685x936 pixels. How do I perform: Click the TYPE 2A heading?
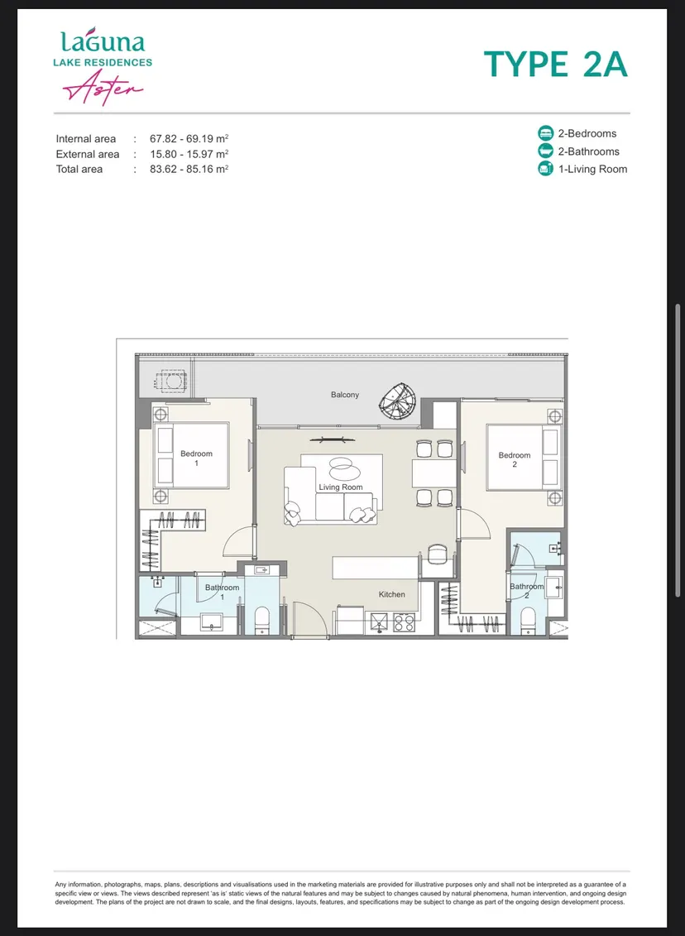click(555, 65)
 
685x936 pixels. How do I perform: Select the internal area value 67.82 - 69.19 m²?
click(189, 138)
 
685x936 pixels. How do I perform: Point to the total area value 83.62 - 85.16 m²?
click(189, 169)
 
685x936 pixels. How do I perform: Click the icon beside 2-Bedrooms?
click(545, 133)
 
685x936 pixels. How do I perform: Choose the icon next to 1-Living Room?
click(545, 169)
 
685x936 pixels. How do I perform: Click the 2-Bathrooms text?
click(588, 151)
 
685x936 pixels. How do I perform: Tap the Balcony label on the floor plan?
click(345, 395)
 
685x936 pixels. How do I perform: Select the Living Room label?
click(341, 487)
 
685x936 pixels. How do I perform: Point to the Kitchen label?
click(391, 594)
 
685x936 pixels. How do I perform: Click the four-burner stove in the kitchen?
click(404, 622)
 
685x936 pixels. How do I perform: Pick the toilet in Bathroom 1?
click(262, 620)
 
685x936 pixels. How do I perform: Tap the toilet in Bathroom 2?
click(528, 620)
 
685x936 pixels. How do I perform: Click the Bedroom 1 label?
click(196, 458)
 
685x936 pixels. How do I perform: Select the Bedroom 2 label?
click(515, 459)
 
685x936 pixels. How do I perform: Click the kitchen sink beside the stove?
click(378, 622)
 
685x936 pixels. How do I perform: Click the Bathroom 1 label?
click(222, 593)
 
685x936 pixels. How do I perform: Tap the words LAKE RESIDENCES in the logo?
click(103, 62)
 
